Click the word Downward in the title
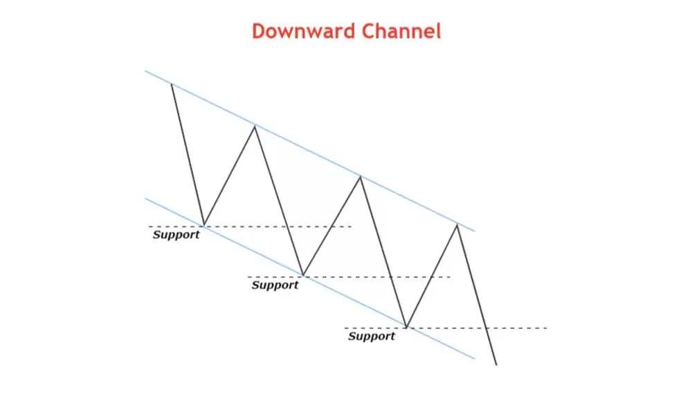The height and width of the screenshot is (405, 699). pos(304,31)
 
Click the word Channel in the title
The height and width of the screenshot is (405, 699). pos(401,31)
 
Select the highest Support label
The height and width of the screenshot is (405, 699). pos(176,235)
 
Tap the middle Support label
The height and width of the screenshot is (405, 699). pos(275,285)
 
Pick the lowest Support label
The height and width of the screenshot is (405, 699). pos(372,336)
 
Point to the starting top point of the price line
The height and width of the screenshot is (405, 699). pos(172,84)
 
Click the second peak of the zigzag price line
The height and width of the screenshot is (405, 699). pos(255,126)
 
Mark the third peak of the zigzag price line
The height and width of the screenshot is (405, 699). pos(360,177)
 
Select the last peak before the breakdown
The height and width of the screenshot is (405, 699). pos(457,225)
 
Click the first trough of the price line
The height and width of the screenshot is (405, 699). pos(203,225)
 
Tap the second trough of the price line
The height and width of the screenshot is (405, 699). pos(303,276)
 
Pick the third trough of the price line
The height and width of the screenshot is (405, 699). pos(406,328)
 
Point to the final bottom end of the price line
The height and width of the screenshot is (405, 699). pos(496,365)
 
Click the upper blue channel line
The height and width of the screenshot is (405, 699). pos(310,151)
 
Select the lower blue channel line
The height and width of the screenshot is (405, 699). pos(310,279)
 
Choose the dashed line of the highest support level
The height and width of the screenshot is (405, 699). pos(251,227)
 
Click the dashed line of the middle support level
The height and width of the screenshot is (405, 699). pos(349,277)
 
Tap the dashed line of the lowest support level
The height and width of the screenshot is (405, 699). pos(446,328)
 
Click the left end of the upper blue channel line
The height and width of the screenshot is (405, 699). pos(145,70)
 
